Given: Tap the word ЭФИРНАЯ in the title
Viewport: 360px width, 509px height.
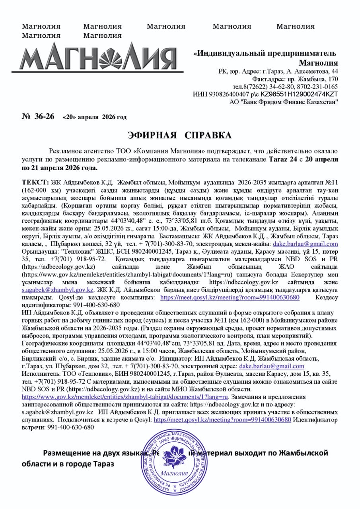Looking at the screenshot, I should point(152,136).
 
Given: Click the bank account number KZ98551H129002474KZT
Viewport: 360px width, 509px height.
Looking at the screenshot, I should point(299,94).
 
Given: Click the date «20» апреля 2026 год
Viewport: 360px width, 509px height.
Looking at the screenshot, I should point(95,117).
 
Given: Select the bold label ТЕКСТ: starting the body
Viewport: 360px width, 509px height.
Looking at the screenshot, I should point(35,182).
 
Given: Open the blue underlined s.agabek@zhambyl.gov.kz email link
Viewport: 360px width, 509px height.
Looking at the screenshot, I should point(58,290).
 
